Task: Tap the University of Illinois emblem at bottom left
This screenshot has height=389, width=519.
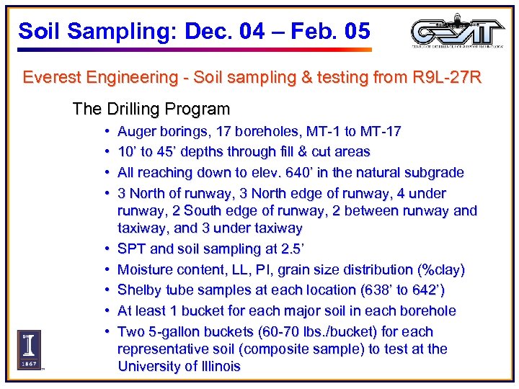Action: [29, 349]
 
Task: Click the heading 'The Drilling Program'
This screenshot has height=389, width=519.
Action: [151, 109]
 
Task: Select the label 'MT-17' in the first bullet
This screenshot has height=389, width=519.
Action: [381, 132]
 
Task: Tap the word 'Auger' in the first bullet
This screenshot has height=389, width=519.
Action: [136, 132]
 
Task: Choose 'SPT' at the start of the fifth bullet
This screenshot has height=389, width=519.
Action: [130, 249]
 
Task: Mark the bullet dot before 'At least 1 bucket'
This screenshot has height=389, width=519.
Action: [107, 311]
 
